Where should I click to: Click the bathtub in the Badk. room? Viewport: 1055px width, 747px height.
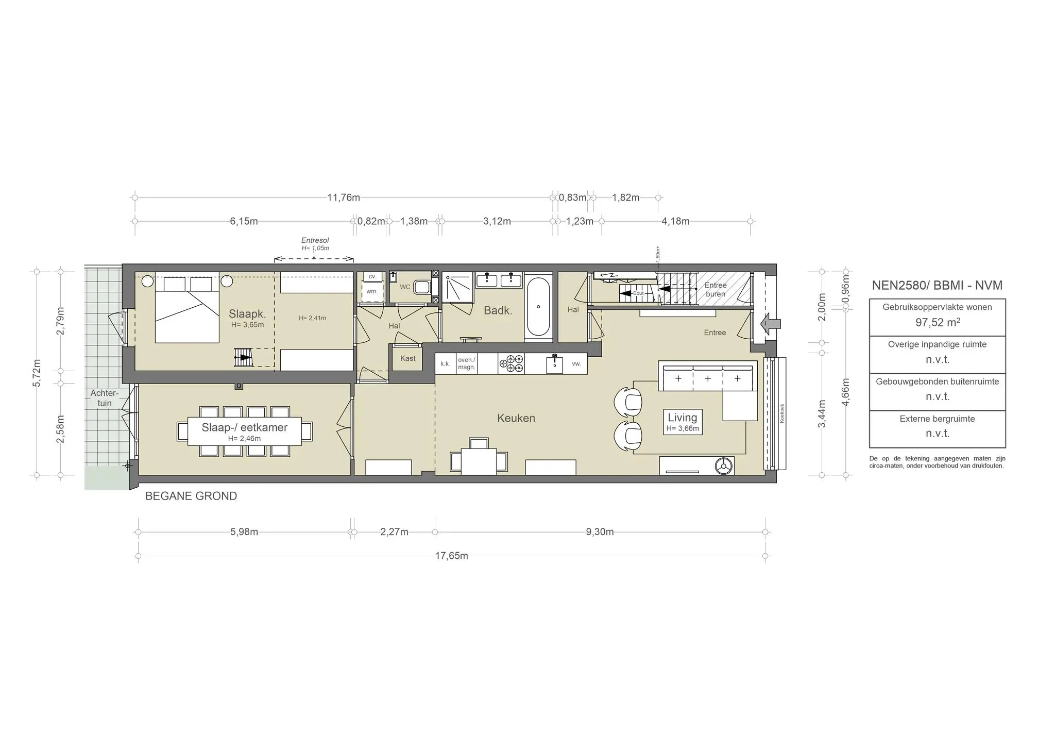tap(538, 307)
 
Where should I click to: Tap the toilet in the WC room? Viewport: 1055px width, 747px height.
tap(421, 287)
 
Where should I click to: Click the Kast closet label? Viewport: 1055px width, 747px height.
tap(407, 358)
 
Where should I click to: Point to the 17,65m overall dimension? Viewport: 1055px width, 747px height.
tap(452, 556)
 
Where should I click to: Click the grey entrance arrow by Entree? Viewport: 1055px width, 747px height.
tap(771, 324)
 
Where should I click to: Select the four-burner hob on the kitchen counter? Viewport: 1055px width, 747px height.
tap(511, 363)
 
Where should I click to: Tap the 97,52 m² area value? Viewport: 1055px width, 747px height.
tap(937, 323)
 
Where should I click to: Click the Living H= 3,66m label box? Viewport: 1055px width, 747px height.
tap(682, 422)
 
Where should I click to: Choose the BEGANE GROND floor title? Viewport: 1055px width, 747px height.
tap(191, 496)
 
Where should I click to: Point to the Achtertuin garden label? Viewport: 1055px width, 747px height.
tap(105, 398)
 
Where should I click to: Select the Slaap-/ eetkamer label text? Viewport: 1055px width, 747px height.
tap(244, 427)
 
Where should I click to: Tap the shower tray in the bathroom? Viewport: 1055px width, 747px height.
tap(458, 287)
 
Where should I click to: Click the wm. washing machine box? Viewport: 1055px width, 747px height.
tap(372, 292)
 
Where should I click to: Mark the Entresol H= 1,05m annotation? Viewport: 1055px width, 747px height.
tap(315, 244)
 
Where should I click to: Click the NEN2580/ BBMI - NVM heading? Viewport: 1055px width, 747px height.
tap(937, 285)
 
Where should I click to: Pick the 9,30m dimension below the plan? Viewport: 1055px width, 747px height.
tap(600, 532)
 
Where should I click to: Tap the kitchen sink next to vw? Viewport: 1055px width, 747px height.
tap(554, 364)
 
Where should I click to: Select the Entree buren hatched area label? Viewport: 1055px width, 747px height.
tap(715, 289)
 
